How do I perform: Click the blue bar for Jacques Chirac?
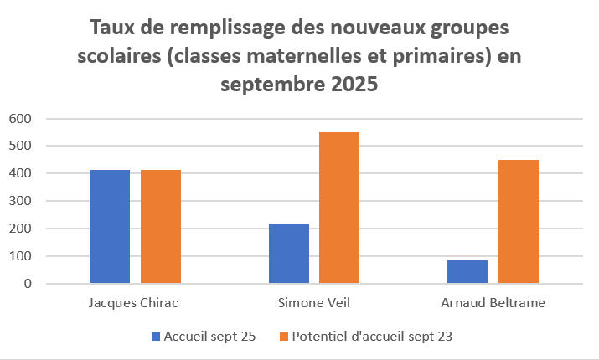coord(110,227)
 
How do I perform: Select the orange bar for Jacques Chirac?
coord(161,227)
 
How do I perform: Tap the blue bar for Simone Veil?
coord(289,254)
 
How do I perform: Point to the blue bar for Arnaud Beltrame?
coord(467,272)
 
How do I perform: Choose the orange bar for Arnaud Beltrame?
coord(519,222)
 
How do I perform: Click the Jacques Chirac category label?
coord(133,302)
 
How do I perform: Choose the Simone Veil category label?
coord(312,302)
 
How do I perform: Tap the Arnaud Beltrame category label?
coord(492,302)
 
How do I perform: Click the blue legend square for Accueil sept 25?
coord(155,337)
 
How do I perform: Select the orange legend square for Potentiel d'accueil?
coord(283,337)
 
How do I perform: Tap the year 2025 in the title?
coord(348,85)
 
